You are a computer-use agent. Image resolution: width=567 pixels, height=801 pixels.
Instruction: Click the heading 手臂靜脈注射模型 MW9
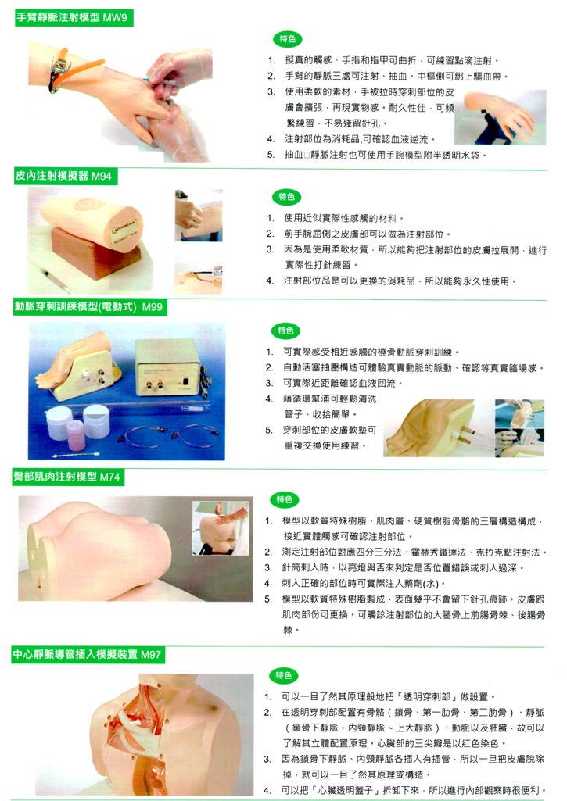click(x=72, y=17)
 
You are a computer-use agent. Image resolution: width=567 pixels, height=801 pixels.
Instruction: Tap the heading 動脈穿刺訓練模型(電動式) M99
click(x=88, y=306)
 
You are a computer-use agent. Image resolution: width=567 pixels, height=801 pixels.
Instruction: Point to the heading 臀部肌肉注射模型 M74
click(x=66, y=477)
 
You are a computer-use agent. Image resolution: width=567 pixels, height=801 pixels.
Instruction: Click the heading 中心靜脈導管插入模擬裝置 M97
click(x=87, y=654)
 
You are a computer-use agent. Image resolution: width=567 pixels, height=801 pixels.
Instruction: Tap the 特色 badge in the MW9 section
click(x=288, y=39)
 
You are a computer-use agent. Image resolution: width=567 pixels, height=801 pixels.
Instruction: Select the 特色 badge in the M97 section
click(x=283, y=675)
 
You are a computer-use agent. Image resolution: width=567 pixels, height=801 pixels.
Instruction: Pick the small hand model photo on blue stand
click(x=500, y=117)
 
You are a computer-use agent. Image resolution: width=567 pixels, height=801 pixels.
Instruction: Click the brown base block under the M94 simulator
click(x=95, y=253)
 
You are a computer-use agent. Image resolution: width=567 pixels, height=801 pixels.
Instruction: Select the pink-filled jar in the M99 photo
click(x=75, y=435)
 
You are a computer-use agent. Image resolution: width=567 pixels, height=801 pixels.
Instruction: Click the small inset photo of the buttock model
click(x=221, y=528)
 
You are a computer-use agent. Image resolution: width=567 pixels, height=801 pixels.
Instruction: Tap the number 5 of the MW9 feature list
click(x=271, y=155)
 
